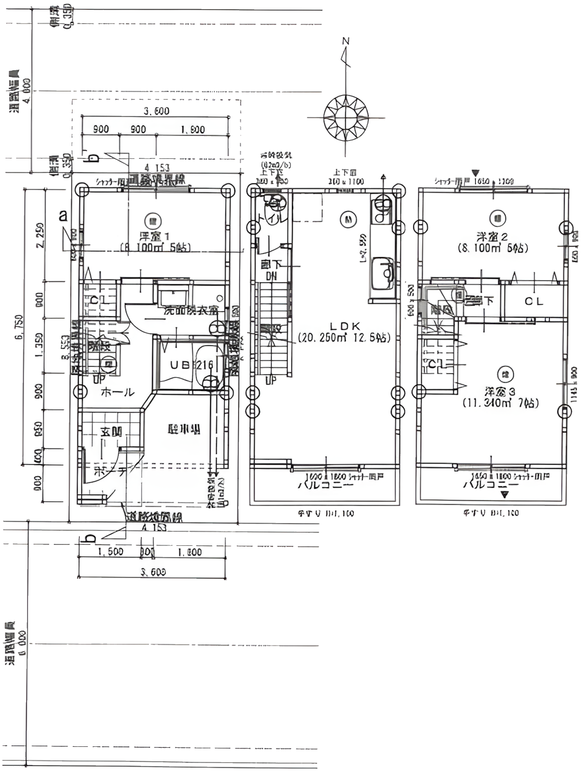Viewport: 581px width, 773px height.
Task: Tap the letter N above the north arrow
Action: coord(346,42)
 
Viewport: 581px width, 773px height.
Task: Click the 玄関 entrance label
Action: coord(110,432)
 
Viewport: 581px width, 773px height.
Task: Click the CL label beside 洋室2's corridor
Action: coord(534,301)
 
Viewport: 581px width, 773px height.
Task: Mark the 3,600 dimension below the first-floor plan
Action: coord(153,572)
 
